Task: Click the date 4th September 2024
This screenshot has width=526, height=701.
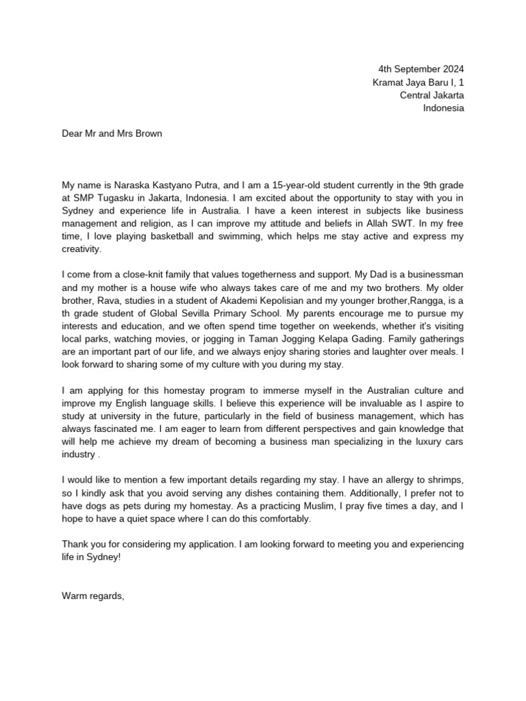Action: pos(421,69)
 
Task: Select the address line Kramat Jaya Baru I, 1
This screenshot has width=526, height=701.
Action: pos(418,82)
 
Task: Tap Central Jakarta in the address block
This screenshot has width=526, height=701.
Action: pos(431,95)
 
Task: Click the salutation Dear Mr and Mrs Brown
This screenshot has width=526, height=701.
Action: pos(112,133)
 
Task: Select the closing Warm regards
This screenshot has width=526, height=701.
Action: pos(93,596)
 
